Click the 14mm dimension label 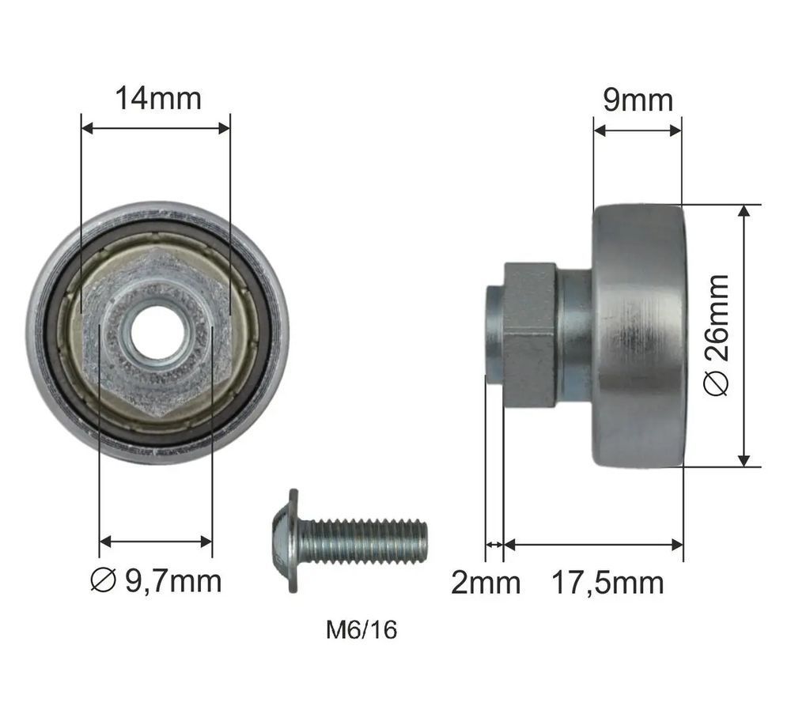pyautogui.click(x=158, y=98)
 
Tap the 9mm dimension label pyautogui.click(x=638, y=100)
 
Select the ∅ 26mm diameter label pyautogui.click(x=717, y=335)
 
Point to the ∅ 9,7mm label pyautogui.click(x=156, y=581)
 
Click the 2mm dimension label pyautogui.click(x=486, y=583)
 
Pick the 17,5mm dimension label pyautogui.click(x=607, y=583)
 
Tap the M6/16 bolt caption pyautogui.click(x=361, y=630)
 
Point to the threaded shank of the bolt pyautogui.click(x=363, y=542)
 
